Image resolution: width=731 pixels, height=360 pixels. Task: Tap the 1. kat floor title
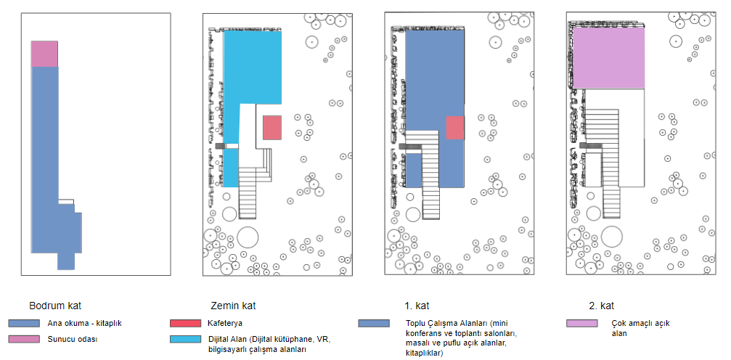click(x=416, y=306)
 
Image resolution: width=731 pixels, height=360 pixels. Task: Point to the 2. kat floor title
click(x=602, y=306)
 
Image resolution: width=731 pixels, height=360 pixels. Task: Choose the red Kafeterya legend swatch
click(x=184, y=323)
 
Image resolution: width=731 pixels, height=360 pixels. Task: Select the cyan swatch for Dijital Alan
click(x=184, y=339)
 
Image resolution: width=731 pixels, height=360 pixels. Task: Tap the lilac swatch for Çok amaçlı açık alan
click(x=582, y=323)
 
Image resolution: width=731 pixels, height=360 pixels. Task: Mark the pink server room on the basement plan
click(x=44, y=54)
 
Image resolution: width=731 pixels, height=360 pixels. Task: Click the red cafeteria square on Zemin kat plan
click(x=272, y=128)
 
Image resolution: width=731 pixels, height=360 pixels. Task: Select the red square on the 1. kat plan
click(x=455, y=128)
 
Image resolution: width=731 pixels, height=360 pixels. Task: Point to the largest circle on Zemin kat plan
click(x=248, y=237)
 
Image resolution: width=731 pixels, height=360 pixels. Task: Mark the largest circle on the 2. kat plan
click(x=612, y=236)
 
